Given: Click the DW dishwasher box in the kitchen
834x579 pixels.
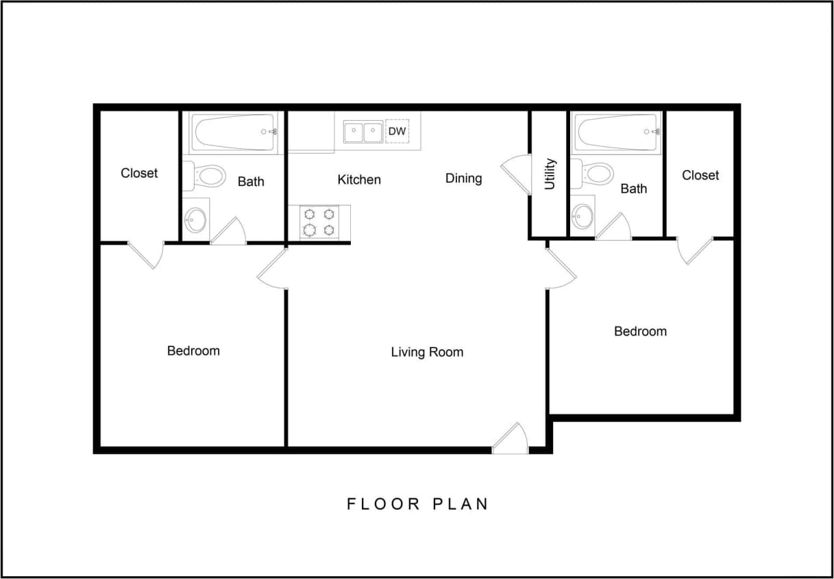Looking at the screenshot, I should tap(397, 131).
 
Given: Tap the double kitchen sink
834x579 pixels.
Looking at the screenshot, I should tap(363, 132).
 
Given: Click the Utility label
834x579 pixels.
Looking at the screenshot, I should tap(550, 174).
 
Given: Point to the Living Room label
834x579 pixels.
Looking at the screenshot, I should tap(427, 352).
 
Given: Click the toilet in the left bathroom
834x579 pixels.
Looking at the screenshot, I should tap(208, 176).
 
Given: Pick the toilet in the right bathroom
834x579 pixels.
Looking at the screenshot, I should tap(594, 174).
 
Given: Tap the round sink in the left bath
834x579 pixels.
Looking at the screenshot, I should tap(195, 220).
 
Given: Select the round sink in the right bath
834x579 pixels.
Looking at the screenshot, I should tap(582, 215).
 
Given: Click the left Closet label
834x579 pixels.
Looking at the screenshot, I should tap(139, 173).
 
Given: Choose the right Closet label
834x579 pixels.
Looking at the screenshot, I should tap(700, 175).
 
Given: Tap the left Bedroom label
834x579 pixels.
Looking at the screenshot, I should tap(193, 351).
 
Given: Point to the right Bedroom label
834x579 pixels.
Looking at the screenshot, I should tap(640, 331).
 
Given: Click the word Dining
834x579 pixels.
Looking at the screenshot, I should tap(463, 178).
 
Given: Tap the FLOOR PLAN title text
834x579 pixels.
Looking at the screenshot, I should tap(417, 504).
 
